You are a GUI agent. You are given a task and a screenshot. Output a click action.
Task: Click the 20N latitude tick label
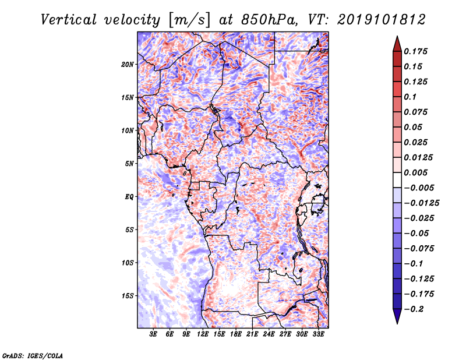(128, 64)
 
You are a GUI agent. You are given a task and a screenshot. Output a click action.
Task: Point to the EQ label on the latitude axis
(129, 197)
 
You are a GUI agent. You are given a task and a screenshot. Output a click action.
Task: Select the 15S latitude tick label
(128, 296)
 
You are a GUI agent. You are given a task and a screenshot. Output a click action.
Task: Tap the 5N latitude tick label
(129, 164)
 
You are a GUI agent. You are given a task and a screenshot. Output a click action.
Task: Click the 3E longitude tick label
(154, 335)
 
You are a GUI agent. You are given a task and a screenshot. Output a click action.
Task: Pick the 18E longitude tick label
(236, 335)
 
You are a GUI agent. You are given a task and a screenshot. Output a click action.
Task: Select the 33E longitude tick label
(318, 335)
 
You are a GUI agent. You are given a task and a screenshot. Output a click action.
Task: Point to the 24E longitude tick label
(269, 335)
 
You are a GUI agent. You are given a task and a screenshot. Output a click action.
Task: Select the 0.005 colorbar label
(418, 173)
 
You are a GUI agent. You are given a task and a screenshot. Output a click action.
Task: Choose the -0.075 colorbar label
(421, 249)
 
